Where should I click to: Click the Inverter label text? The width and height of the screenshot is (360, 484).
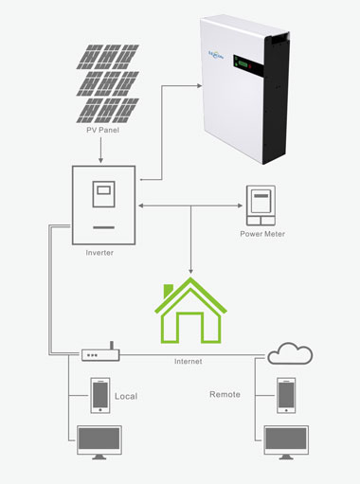(103, 253)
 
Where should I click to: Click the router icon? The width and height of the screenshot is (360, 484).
(99, 355)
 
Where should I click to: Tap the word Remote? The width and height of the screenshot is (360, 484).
(225, 393)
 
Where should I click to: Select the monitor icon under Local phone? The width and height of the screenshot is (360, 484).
(99, 442)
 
